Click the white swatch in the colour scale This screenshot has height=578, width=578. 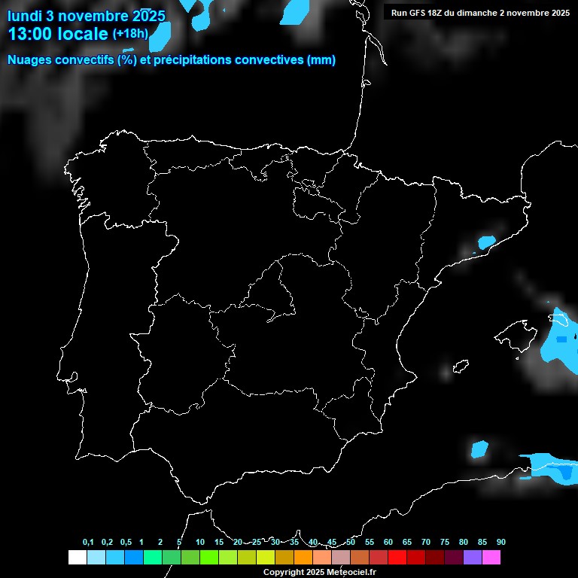pos(77,557)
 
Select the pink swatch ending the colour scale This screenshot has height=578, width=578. pos(491,557)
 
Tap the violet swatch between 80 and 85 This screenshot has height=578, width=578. pos(473,557)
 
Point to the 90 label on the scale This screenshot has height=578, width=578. pos(501,542)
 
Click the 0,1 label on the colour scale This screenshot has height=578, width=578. pos(88,542)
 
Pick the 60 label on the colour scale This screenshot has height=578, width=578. pos(388,542)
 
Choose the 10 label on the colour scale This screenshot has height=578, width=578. pos(200,542)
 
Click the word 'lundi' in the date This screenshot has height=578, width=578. pos(26,16)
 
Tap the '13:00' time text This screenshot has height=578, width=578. pos(30,34)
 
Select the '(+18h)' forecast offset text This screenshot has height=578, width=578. pos(130,34)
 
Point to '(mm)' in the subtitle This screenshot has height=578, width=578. pos(321,60)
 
